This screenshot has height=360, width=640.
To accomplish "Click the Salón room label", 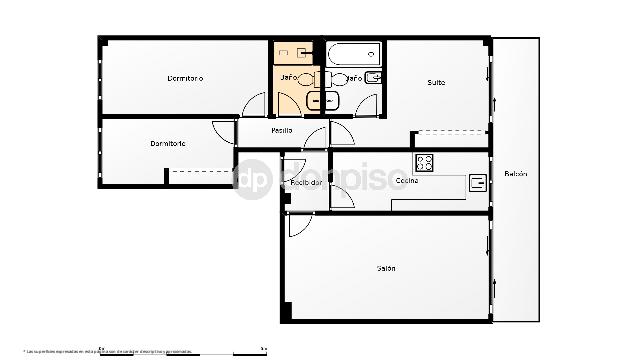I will point(386,268).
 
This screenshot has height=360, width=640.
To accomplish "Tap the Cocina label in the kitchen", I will point(406,181).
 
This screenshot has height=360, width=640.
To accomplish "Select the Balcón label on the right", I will point(515,174).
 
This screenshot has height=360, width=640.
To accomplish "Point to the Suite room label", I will point(436,82).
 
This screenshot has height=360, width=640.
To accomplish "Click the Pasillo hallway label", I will point(282,131).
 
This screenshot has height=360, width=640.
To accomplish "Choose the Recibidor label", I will point(305,183).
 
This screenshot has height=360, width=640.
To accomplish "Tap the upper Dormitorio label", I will point(185,78).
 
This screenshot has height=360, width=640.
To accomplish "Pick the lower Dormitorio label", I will point(168,144).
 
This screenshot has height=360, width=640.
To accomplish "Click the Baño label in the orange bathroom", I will point(288,78).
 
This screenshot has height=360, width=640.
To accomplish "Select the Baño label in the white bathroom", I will point(354,78).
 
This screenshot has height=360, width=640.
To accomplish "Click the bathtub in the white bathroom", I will point(354,51).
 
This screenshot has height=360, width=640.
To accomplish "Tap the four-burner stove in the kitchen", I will point(424,161).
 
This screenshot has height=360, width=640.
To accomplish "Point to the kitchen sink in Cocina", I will point(478,182).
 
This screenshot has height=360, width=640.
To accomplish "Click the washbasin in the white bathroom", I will point(372,78).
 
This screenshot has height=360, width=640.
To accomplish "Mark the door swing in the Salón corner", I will point(298,226).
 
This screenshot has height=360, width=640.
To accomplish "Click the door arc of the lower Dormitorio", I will point(223,130).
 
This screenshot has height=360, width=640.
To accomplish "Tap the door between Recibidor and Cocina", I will point(341,195).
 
